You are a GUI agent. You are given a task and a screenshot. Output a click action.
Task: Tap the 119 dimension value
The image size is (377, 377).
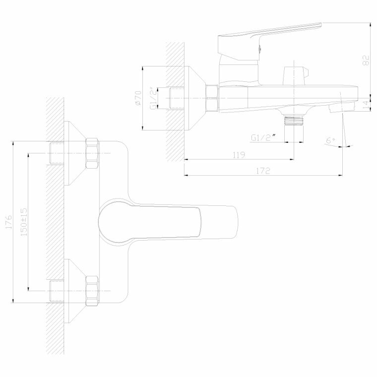(x=239, y=155)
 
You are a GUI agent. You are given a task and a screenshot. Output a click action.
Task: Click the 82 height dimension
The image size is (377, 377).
(x=366, y=61)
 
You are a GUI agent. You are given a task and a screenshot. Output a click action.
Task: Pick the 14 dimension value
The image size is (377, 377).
(x=366, y=105)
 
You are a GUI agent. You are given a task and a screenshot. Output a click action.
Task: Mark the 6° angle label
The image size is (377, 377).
(x=331, y=140)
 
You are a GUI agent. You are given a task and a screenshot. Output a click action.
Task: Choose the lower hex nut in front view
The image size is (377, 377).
(x=92, y=290)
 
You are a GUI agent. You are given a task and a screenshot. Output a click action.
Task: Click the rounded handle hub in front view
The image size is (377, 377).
(x=115, y=222)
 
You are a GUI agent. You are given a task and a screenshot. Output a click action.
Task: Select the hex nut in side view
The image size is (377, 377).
(x=212, y=98)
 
